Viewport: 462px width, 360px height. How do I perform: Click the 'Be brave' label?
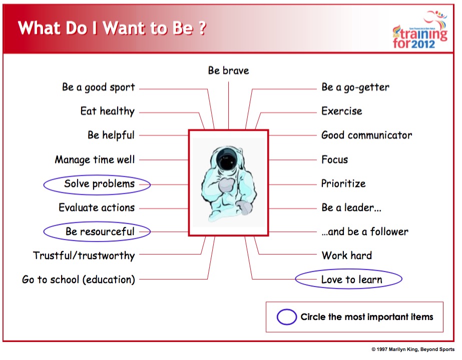228,70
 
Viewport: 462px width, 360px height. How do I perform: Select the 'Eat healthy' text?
107,111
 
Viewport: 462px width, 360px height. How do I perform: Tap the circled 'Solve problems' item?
99,184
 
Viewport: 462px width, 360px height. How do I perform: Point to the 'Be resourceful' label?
100,231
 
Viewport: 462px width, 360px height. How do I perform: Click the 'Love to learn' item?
351,279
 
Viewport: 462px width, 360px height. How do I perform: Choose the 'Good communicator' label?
366,135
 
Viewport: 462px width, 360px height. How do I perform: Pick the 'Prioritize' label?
343,183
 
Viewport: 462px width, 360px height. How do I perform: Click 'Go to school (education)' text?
79,279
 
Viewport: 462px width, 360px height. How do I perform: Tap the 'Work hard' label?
347,255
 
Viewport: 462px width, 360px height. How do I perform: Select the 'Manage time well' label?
95,160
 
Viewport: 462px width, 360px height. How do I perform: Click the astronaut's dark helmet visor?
227,160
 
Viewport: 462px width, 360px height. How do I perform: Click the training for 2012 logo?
420,29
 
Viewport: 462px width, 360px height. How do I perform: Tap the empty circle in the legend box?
287,317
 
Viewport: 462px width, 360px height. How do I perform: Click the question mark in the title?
202,28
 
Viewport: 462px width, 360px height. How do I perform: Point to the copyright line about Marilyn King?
413,349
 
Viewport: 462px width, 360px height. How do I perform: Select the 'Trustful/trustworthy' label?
84,255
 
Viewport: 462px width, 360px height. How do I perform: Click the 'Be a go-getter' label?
355,87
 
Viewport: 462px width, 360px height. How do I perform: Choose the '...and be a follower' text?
365,231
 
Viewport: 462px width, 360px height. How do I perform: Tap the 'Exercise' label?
342,111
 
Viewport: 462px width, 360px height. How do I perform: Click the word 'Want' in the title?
125,28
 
